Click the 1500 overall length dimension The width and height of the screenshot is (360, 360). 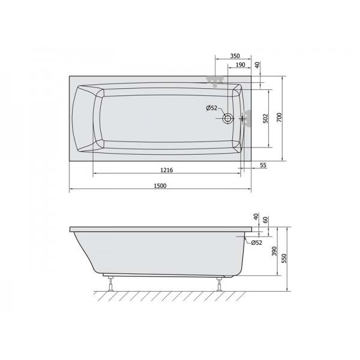(x=160, y=186)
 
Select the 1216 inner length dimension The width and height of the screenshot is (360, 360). (x=167, y=170)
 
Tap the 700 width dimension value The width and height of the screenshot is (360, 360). (x=279, y=118)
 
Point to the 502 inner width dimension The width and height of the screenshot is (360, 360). (x=265, y=118)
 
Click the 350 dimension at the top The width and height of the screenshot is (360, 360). (x=235, y=56)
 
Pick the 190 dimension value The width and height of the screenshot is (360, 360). (x=241, y=65)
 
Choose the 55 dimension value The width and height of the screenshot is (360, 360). (x=263, y=165)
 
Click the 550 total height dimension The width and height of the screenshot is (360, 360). (x=284, y=258)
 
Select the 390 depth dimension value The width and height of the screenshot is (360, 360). (x=274, y=251)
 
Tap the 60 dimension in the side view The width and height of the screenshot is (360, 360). (x=265, y=220)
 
